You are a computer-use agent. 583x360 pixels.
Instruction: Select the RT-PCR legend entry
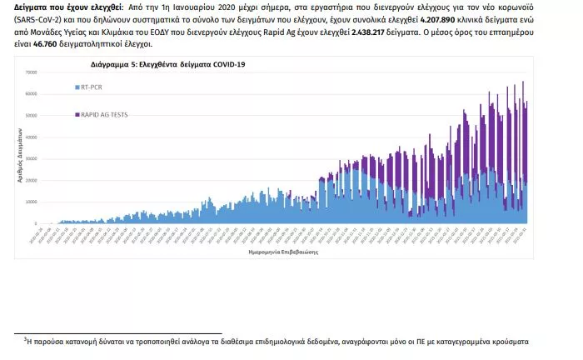point(92,86)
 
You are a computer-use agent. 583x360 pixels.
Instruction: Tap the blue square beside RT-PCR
point(77,86)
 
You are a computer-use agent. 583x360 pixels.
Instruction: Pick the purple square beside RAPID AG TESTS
point(77,114)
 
